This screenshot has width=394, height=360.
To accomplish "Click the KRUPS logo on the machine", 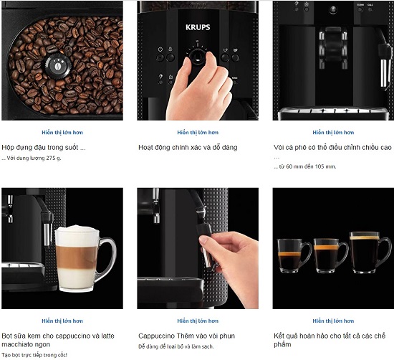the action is tap(198, 27).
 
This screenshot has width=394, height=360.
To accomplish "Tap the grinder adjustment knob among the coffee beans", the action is tap(58, 66).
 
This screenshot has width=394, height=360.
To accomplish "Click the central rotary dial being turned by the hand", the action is tap(198, 56).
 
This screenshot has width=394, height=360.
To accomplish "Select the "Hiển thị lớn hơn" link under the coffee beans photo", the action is tap(62, 133).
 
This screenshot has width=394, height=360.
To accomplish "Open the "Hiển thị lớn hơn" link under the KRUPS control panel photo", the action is tap(198, 133).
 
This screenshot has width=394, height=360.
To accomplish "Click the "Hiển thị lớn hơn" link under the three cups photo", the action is tap(333, 321).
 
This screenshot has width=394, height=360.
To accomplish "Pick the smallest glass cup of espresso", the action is tap(294, 255).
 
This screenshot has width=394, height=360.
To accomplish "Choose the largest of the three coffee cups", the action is tap(370, 252).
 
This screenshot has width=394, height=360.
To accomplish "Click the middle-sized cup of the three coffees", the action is tap(330, 255).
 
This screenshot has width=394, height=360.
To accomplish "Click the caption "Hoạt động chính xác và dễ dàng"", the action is tap(188, 147).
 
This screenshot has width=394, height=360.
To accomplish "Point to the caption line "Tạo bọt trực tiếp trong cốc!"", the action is tap(34, 355).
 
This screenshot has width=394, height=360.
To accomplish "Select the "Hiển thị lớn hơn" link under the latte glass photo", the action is tap(62, 321).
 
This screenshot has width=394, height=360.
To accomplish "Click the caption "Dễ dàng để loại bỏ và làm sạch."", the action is tap(176, 346).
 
